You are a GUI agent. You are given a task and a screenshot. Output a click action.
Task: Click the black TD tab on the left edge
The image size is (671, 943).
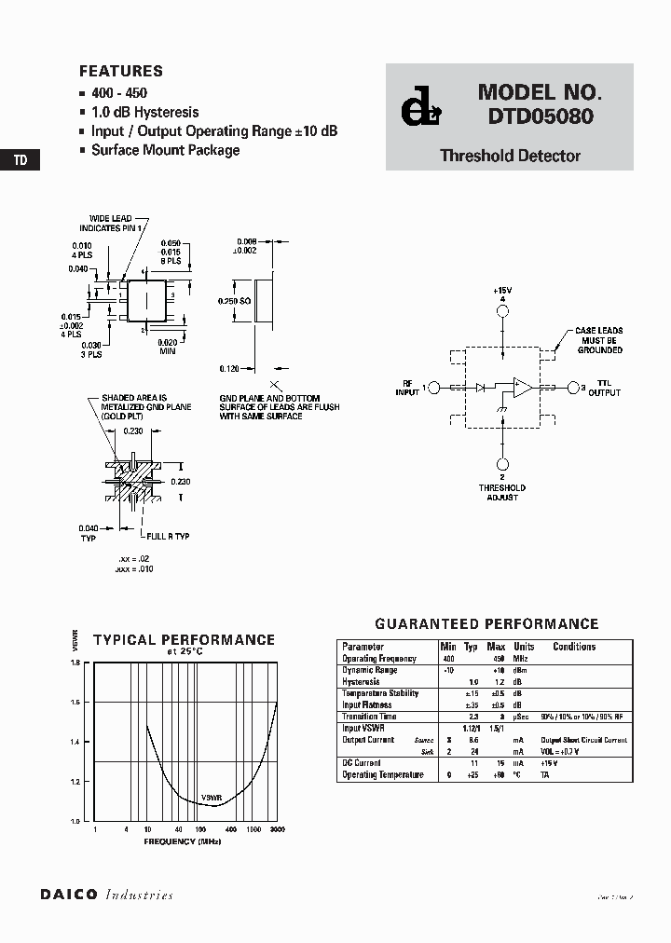[20, 160]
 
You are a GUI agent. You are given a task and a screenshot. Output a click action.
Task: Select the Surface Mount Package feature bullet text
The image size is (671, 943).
[165, 150]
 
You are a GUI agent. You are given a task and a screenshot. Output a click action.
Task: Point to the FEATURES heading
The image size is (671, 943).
[121, 71]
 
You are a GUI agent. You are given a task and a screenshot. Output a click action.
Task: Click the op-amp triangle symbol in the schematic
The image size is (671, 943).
[523, 387]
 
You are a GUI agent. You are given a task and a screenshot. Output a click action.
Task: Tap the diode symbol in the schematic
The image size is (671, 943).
[481, 387]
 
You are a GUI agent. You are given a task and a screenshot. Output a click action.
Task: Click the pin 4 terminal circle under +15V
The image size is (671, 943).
[502, 309]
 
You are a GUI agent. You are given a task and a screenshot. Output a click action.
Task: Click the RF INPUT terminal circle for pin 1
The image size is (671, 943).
[434, 387]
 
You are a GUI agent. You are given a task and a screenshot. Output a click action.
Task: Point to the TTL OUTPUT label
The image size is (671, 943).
[604, 387]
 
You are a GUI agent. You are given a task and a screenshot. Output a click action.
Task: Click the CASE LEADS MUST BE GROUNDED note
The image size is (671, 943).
[598, 340]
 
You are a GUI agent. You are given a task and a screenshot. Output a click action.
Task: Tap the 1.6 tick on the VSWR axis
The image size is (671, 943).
[75, 702]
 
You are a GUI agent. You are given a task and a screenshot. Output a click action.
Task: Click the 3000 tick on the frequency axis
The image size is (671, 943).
[277, 828]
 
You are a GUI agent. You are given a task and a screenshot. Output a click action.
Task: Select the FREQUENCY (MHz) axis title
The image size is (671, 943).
[183, 841]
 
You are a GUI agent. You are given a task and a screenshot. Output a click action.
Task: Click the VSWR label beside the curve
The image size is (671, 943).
[211, 798]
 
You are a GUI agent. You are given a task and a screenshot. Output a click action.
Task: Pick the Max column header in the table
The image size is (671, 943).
[497, 647]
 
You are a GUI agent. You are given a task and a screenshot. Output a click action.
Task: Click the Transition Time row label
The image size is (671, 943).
[369, 717]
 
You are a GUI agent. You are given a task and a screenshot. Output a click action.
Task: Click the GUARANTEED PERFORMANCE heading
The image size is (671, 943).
[486, 624]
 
